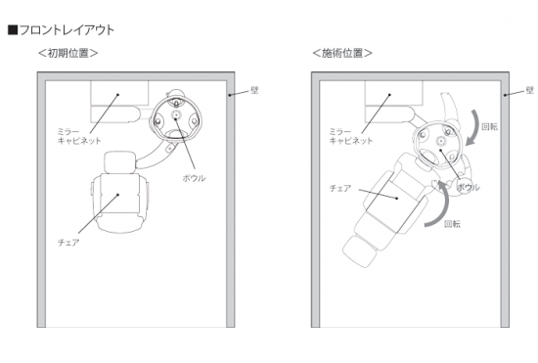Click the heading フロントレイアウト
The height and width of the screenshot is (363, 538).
[x=67, y=30]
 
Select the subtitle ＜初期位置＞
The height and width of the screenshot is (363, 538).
[x=67, y=53]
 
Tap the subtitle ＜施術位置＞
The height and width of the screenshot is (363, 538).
[x=342, y=53]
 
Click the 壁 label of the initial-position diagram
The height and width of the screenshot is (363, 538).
[x=254, y=90]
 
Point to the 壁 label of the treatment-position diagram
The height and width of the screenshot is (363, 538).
[x=530, y=90]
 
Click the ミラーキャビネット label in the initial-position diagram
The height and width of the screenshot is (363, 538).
[x=79, y=136]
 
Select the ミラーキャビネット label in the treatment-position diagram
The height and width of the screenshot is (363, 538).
[x=350, y=136]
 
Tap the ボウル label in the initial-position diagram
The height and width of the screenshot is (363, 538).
[x=194, y=178]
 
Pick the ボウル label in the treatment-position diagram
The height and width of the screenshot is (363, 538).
[x=468, y=187]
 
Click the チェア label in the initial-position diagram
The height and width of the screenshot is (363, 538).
[x=68, y=243]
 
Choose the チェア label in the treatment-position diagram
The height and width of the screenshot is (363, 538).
[x=340, y=189]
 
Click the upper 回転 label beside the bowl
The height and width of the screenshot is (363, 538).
[x=490, y=127]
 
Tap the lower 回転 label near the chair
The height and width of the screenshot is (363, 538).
[x=452, y=224]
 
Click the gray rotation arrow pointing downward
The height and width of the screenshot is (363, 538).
[x=476, y=127]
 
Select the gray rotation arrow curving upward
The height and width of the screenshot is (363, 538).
[x=446, y=205]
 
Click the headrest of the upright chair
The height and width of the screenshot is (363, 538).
[x=119, y=162]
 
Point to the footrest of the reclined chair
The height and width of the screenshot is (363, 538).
[x=359, y=251]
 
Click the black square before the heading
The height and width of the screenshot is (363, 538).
[x=13, y=30]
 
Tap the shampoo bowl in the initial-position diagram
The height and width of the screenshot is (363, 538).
[x=176, y=117]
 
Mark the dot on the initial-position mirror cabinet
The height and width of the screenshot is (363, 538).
[x=117, y=94]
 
